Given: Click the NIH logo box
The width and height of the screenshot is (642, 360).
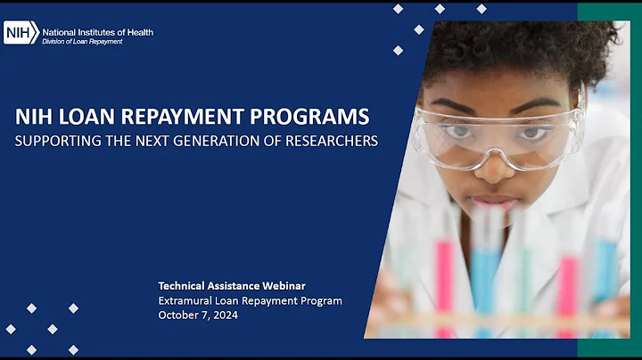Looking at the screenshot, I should (x=21, y=33).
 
